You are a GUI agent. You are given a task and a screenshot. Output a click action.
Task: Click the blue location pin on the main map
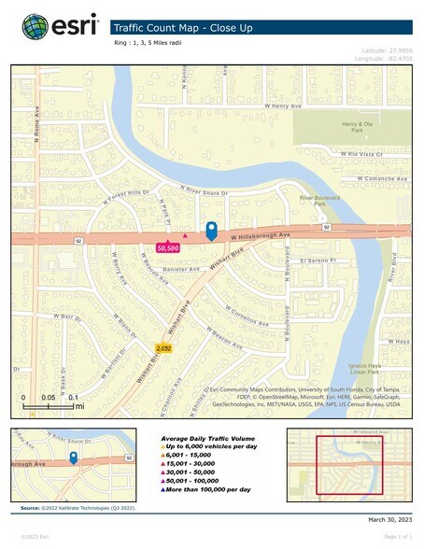211,231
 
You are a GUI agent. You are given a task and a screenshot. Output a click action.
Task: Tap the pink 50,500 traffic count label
168,248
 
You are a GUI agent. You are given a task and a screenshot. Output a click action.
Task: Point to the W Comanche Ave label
374,176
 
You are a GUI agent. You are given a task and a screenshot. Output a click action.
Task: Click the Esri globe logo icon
35,26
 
